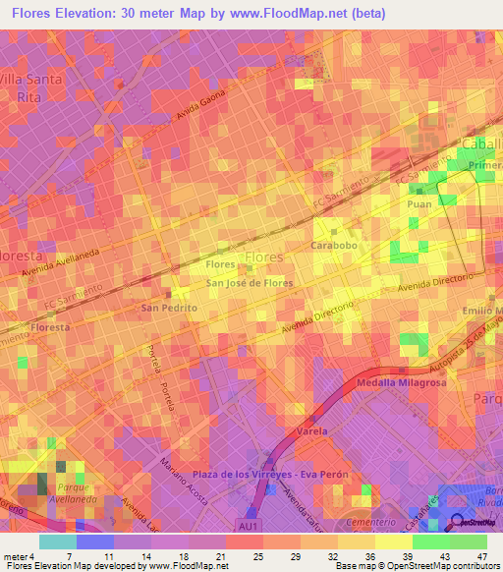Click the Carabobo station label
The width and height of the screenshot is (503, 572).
click(331, 244)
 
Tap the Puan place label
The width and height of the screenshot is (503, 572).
click(419, 204)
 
